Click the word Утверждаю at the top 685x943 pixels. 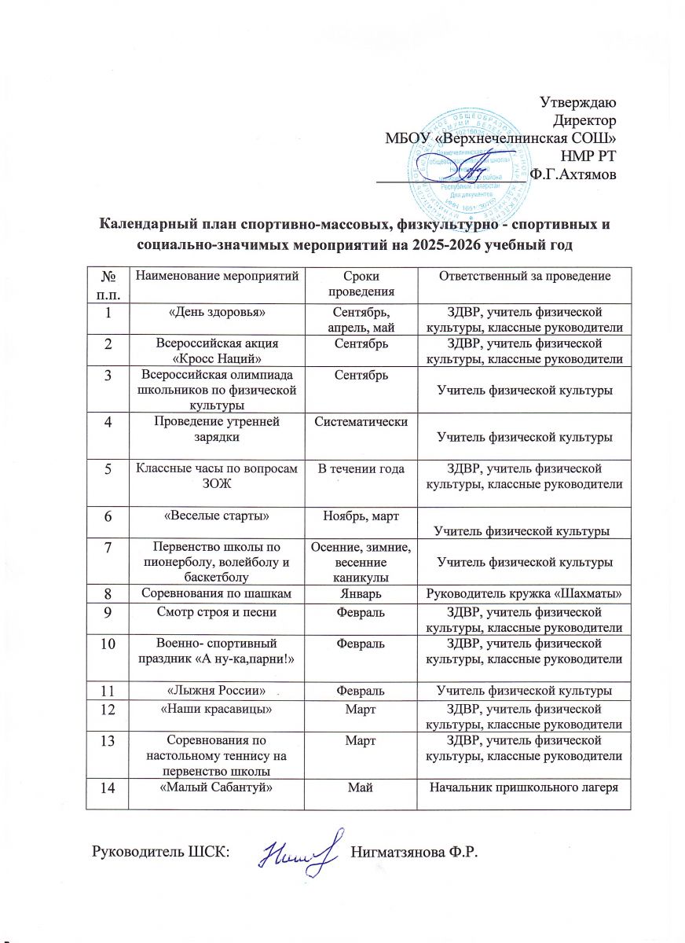[578, 102]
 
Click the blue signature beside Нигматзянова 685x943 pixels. [298, 850]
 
